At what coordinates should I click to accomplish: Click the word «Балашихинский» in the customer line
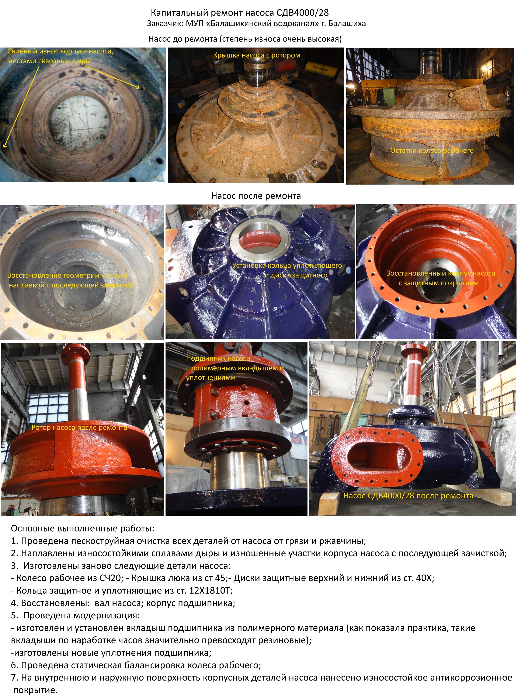tap(240, 24)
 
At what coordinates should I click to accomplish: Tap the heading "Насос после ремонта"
tap(256, 196)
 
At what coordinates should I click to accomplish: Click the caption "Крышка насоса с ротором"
tap(257, 55)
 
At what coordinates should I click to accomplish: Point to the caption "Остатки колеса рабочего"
tap(432, 150)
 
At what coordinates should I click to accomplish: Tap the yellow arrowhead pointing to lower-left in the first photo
tap(4, 145)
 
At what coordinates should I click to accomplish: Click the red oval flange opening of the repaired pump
tap(376, 458)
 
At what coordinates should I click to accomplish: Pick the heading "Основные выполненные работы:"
tap(83, 528)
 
